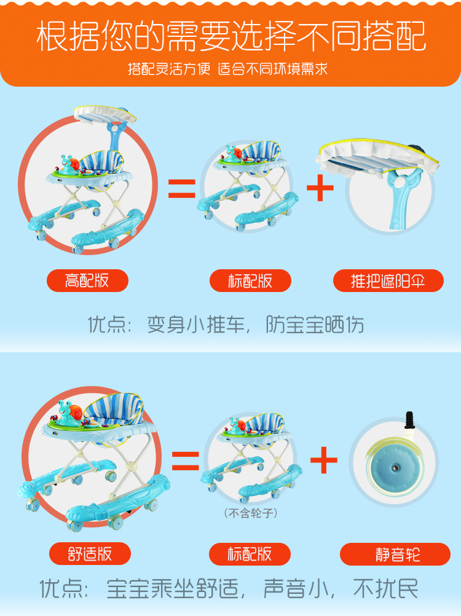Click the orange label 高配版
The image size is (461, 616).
coord(87,281)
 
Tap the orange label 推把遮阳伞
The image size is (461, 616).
coord(388,281)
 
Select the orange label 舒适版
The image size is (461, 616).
coord(90,553)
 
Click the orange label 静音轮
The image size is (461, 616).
coord(395,554)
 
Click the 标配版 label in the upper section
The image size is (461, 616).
coord(250,281)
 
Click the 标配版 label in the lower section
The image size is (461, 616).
coord(250,553)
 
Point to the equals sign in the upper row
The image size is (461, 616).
coord(182,188)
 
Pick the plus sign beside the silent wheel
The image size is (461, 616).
coord(324,460)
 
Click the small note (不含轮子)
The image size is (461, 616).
coord(250,513)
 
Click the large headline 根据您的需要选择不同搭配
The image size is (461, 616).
coord(230,37)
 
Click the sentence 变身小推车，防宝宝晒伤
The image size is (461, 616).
coord(255,325)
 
